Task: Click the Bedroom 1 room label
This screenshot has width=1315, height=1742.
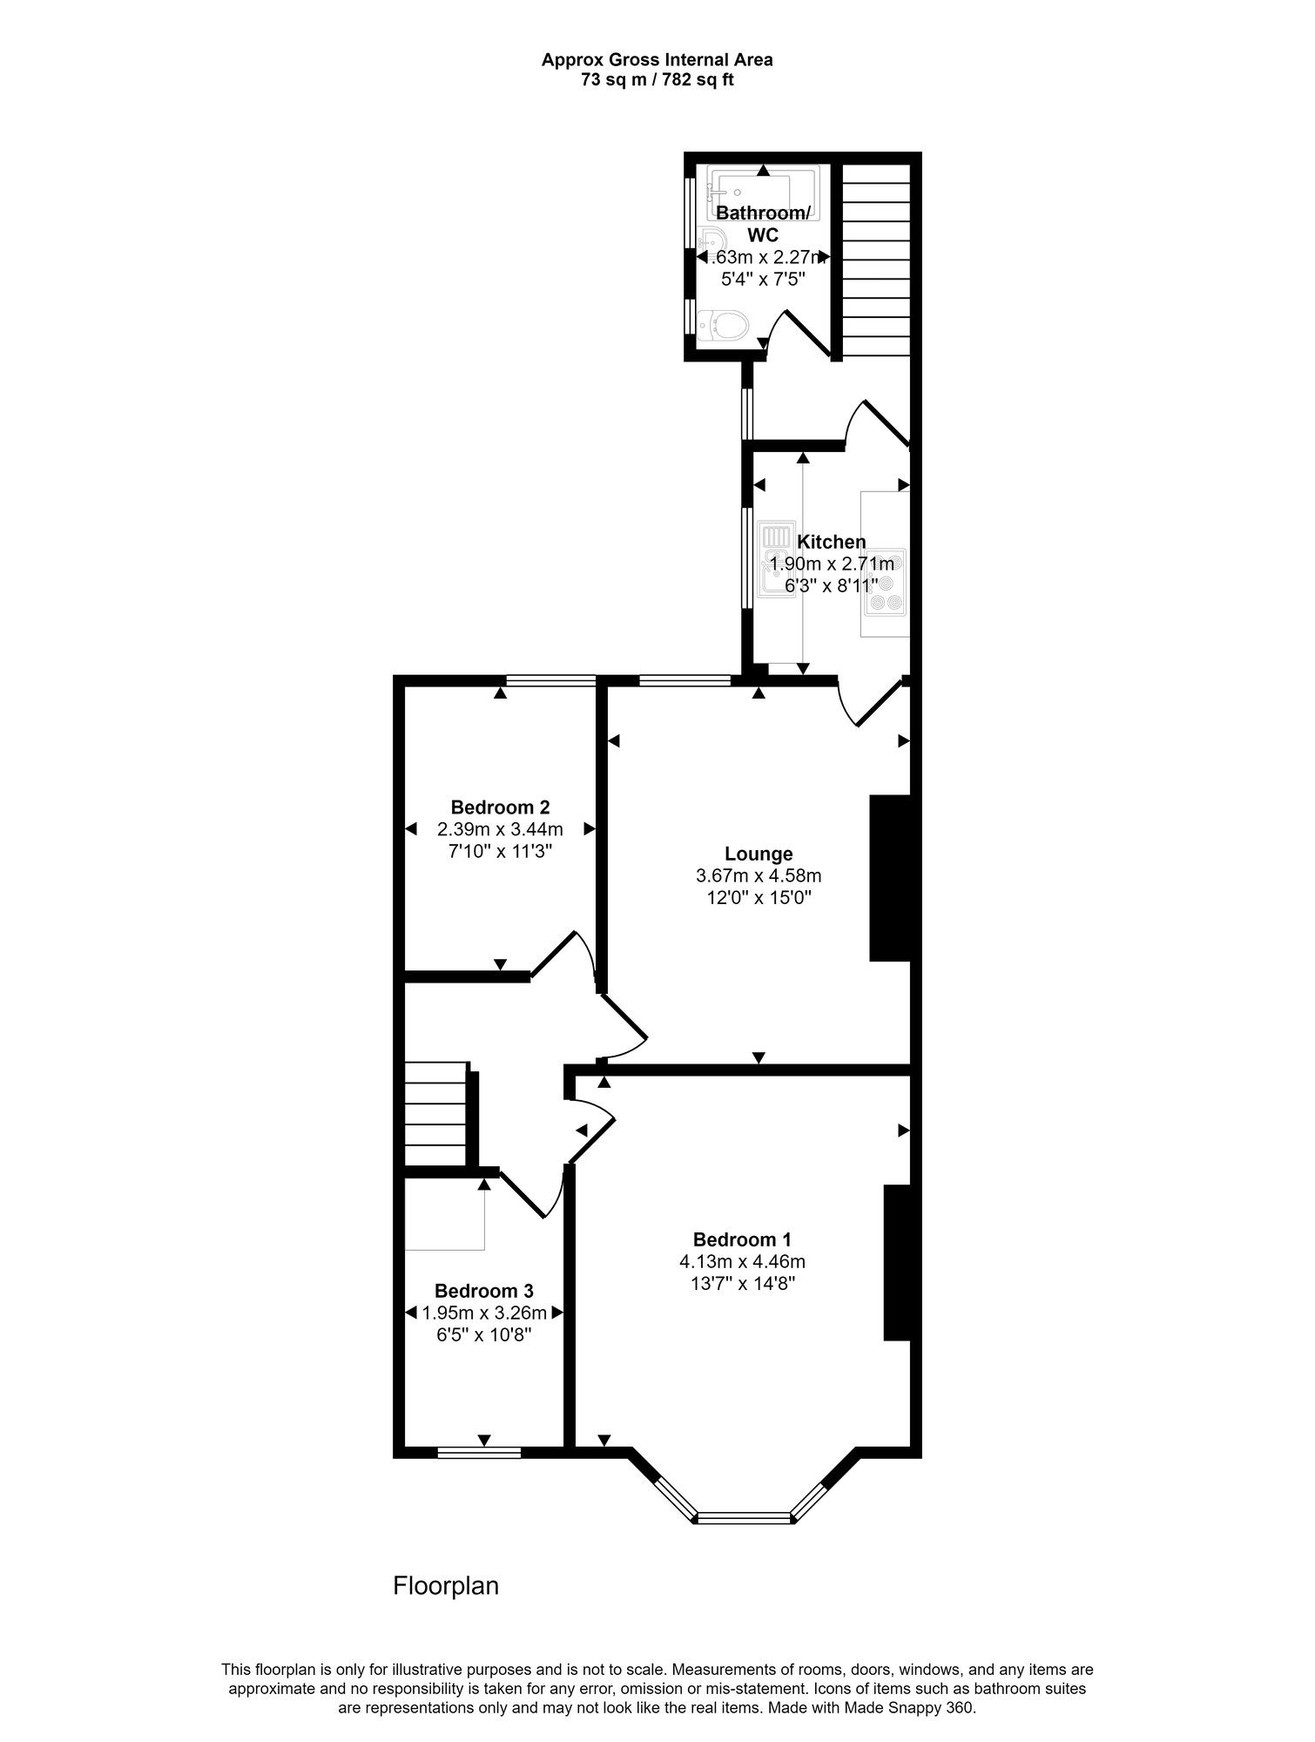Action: [741, 1239]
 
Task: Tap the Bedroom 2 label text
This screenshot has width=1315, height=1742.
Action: [500, 807]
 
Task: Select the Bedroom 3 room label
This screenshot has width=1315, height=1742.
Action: [483, 1291]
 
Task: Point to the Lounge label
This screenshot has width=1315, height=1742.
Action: [759, 854]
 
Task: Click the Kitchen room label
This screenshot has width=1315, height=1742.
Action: [831, 542]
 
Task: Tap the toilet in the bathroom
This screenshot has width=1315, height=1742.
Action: [724, 327]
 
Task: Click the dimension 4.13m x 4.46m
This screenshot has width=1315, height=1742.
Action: [742, 1261]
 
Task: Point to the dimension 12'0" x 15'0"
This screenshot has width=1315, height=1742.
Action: [759, 898]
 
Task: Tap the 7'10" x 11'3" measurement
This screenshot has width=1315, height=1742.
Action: [500, 852]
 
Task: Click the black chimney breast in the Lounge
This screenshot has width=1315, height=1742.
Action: [891, 877]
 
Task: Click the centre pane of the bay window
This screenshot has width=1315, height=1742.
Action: [744, 1518]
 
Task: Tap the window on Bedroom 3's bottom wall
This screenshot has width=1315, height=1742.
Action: [479, 1452]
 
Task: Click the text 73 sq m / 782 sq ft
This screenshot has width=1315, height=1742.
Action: [657, 80]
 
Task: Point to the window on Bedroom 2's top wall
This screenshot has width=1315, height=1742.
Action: [551, 680]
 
